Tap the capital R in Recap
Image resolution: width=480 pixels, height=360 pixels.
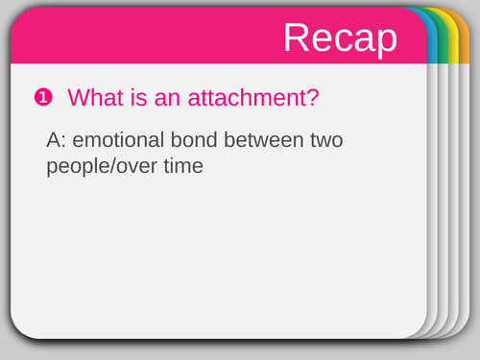(298, 37)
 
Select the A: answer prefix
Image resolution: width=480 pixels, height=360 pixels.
(58, 140)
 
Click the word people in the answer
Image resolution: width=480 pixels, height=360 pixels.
(78, 166)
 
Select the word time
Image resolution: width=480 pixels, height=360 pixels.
(183, 166)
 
